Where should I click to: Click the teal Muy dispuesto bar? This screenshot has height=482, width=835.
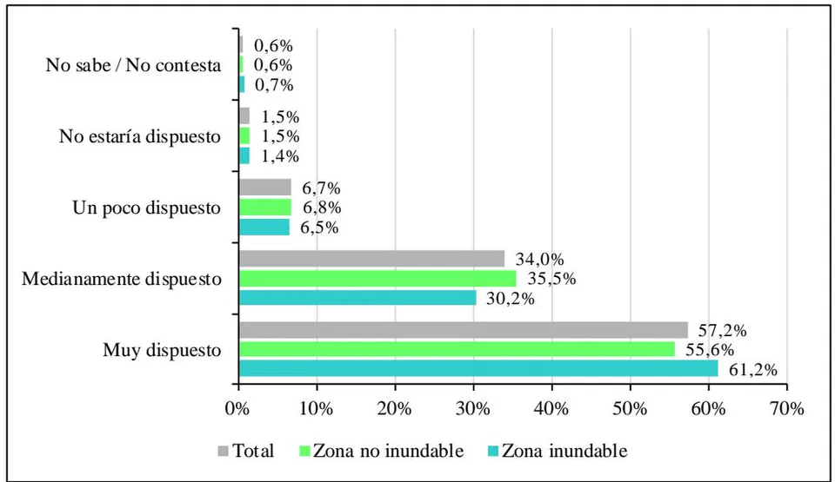(x=478, y=369)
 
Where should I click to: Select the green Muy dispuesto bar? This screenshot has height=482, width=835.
(x=457, y=349)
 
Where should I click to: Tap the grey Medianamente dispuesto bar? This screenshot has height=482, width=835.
(x=372, y=259)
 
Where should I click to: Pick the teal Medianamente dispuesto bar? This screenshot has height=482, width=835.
(x=357, y=297)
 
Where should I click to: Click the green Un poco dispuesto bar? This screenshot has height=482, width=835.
(x=265, y=207)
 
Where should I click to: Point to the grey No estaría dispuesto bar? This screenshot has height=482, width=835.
(x=244, y=116)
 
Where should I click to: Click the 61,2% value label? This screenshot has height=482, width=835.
(x=753, y=369)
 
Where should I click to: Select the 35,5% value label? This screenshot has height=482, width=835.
(x=551, y=278)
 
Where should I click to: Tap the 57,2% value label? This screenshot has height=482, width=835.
(x=722, y=330)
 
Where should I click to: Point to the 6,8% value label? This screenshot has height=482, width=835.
(x=322, y=208)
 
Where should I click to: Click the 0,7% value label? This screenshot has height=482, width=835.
(x=274, y=85)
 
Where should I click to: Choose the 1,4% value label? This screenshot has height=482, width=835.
(x=280, y=156)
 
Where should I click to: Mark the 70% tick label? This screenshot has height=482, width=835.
(x=786, y=408)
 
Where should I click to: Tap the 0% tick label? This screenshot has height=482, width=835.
(x=237, y=408)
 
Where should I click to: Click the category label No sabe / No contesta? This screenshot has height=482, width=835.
(x=133, y=65)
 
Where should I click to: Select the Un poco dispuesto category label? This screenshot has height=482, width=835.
(x=146, y=208)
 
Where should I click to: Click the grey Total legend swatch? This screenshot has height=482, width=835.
(x=224, y=451)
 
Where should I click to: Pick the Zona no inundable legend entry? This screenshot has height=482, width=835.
(x=382, y=451)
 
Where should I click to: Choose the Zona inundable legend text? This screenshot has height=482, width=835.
(x=564, y=451)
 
